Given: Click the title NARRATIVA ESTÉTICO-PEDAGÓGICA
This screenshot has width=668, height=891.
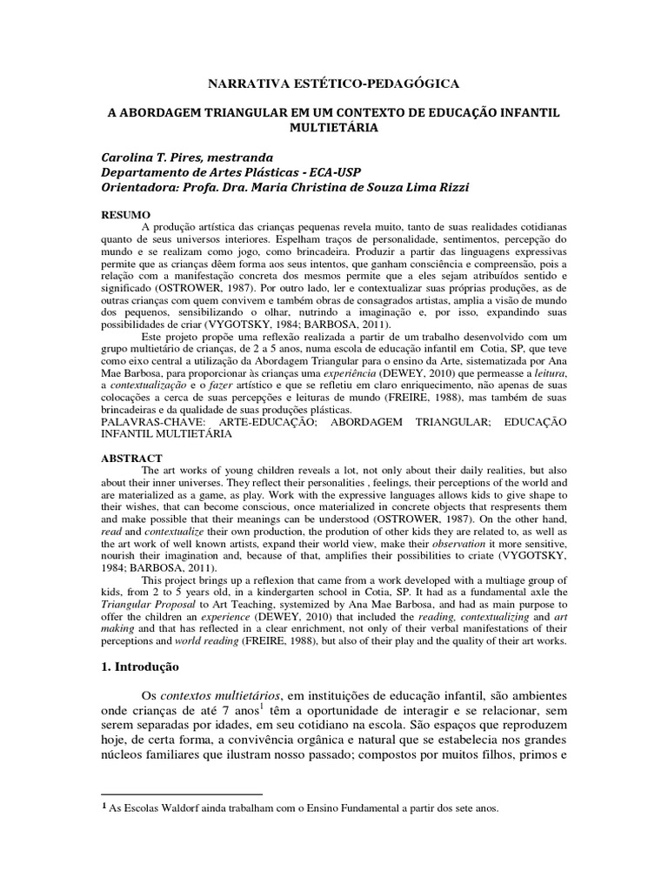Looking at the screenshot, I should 334,83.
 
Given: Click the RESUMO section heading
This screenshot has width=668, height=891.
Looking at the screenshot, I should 128,215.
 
